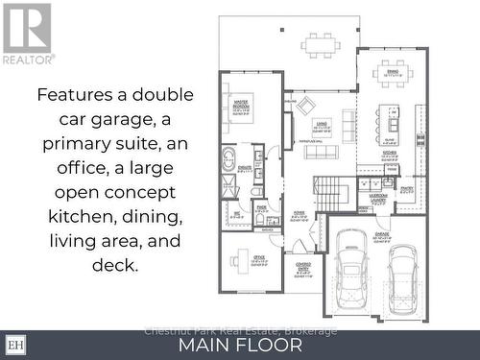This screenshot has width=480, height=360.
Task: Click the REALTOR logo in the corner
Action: (28, 33)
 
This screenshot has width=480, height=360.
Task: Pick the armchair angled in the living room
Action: (304, 106)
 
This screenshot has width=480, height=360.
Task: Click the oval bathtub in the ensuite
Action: (231, 159)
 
